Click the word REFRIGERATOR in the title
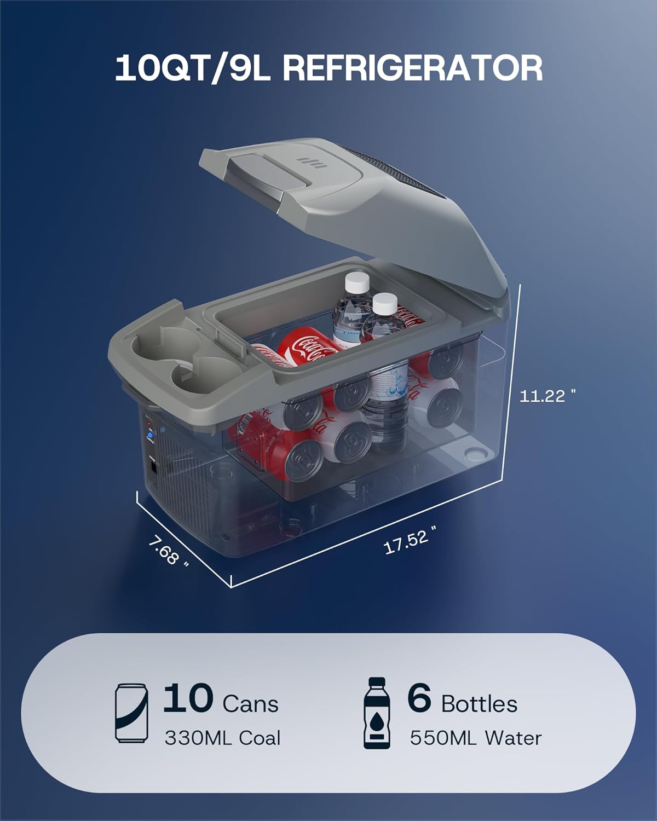pos(413,68)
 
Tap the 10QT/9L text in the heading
pos(193,68)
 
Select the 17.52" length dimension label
pos(410,540)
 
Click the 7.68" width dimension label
pos(168,551)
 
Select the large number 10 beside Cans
pos(188,698)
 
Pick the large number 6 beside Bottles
pos(419,698)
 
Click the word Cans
pos(250,704)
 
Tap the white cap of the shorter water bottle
pos(385,304)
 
